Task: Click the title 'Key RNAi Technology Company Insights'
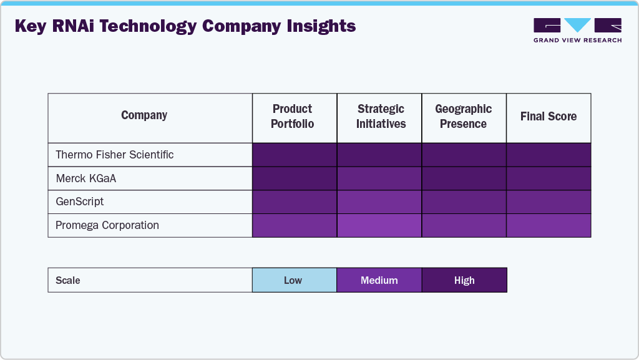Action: [185, 27]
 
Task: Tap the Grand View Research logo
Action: [577, 31]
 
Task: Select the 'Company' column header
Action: [144, 115]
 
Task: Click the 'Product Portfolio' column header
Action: [293, 117]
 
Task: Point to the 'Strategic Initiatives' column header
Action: [381, 117]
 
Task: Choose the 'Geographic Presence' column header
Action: [463, 117]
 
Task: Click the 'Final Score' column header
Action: [549, 117]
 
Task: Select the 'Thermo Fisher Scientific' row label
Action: [115, 155]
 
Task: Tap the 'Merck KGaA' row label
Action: [86, 178]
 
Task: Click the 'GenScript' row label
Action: [80, 202]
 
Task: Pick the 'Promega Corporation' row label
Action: [107, 225]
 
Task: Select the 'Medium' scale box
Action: [379, 280]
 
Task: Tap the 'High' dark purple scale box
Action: [464, 280]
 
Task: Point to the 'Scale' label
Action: [68, 280]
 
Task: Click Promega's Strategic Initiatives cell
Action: [379, 225]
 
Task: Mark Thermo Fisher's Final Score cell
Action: [549, 155]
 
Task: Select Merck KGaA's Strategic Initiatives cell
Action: [379, 178]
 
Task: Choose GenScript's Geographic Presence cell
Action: [464, 202]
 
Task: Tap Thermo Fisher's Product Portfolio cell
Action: [295, 155]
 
